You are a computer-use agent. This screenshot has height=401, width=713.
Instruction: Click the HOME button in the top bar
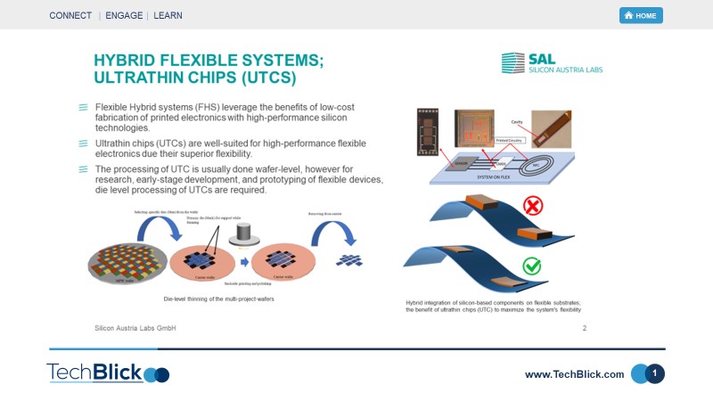point(641,15)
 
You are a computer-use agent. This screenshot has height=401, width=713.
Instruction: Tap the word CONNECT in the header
point(70,16)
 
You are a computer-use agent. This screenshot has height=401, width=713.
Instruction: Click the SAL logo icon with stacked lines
point(512,63)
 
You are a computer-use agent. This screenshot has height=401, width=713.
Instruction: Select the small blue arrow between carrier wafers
point(243,263)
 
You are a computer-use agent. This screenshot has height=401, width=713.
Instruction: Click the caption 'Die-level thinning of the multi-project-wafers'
point(219,299)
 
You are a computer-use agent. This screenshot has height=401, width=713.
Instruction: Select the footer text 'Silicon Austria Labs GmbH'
point(135,328)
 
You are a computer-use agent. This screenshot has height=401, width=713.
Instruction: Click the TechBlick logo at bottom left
point(107,372)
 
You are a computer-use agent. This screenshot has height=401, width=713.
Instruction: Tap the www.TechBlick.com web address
point(574,374)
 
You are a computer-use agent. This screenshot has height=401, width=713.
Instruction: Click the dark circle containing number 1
point(655,373)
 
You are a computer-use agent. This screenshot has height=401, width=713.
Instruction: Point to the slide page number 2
point(584,328)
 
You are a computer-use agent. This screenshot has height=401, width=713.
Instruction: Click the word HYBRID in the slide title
point(134,61)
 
